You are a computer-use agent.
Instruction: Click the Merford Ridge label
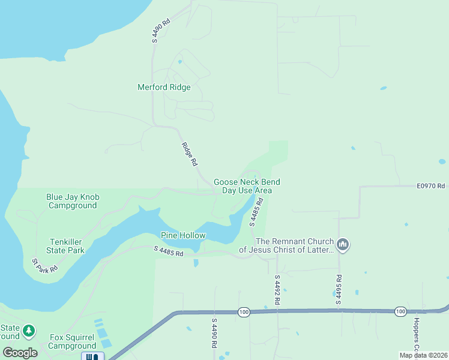click(164, 88)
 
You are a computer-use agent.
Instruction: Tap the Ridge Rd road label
click(190, 154)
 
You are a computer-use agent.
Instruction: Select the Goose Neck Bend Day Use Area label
click(247, 186)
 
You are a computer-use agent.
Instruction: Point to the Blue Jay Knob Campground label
click(73, 201)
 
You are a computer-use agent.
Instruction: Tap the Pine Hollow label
click(183, 236)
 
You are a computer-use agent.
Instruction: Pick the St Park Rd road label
click(44, 265)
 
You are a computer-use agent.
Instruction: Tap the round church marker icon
click(343, 244)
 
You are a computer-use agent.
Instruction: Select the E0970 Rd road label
click(431, 186)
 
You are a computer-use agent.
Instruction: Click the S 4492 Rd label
click(277, 290)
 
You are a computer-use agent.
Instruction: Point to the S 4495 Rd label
click(339, 290)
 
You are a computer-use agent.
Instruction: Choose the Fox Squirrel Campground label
click(72, 341)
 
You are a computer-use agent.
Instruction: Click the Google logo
click(20, 353)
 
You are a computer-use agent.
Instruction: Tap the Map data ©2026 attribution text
click(423, 355)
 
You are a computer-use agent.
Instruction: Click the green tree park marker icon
click(28, 331)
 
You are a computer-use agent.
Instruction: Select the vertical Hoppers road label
click(415, 336)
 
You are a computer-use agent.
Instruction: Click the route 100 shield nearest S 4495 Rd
click(400, 311)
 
